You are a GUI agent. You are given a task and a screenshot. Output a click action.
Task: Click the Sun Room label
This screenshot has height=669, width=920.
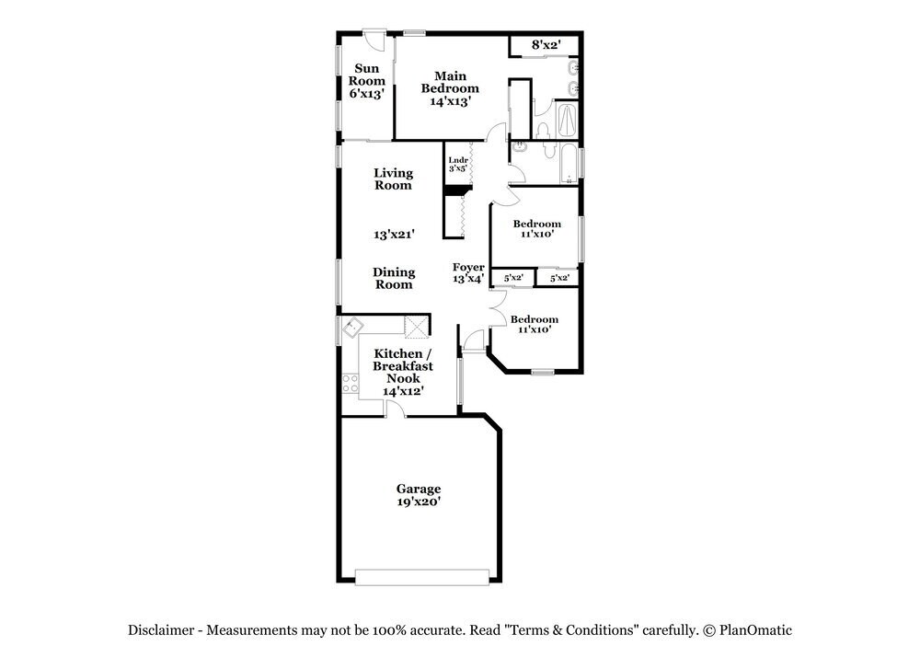[366, 75]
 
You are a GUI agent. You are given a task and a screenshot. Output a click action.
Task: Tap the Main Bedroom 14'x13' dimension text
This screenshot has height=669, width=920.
[450, 101]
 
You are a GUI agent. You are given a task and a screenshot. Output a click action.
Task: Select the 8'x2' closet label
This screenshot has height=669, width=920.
[546, 44]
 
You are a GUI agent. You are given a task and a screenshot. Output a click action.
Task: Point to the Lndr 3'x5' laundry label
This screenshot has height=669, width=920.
[458, 164]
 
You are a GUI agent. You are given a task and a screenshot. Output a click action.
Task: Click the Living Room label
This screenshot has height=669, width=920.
[393, 179]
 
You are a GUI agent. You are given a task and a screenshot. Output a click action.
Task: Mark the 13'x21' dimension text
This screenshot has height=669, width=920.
[394, 234]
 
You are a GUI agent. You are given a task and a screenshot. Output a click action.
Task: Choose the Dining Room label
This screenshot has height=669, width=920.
[394, 278]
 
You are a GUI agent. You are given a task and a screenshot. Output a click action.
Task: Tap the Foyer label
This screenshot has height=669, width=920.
[468, 267]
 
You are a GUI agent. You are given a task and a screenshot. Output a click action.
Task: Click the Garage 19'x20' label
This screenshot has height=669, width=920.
[419, 495]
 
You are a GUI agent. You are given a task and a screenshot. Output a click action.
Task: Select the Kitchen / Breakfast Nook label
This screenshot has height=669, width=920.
[403, 365]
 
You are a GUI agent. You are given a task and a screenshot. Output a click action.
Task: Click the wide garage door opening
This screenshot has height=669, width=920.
[422, 577]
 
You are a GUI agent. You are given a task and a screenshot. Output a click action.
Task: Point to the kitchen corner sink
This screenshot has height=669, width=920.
[353, 327]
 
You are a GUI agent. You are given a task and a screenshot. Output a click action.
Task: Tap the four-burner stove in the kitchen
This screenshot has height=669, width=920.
[351, 383]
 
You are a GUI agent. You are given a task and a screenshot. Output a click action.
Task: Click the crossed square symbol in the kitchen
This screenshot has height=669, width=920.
[417, 327]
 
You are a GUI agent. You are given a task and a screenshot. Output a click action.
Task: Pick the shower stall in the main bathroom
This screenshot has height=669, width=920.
[567, 121]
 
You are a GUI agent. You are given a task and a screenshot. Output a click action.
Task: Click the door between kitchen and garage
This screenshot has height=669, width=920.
[395, 409]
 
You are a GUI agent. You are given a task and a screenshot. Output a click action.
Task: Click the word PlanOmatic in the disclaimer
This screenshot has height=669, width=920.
[755, 630]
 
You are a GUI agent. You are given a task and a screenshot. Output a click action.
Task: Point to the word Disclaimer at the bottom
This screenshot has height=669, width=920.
[161, 630]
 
